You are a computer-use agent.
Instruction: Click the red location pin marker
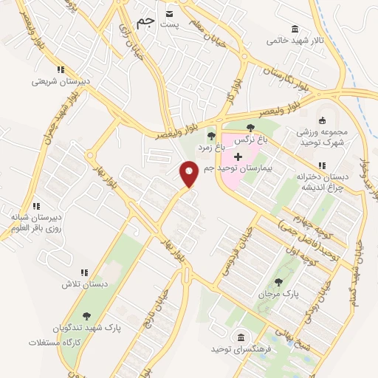coord(189,173)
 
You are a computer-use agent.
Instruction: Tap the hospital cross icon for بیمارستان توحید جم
coord(238,157)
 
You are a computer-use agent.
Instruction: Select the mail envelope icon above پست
coord(171,13)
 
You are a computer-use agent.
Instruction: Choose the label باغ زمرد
coord(198,147)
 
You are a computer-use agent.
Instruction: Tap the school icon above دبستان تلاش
coord(83,272)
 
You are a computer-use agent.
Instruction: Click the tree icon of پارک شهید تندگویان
coord(87,315)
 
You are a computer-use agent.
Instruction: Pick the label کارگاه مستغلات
coord(52,343)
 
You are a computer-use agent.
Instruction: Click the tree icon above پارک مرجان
coord(278,282)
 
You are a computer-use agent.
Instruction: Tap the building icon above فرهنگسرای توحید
coord(241,337)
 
